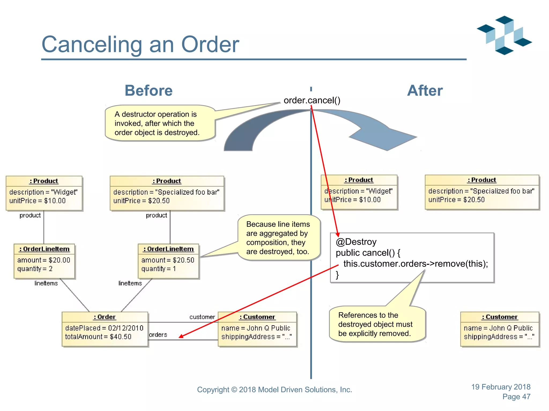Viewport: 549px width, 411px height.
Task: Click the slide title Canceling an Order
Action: coord(140,44)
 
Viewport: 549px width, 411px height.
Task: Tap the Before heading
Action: coord(149,90)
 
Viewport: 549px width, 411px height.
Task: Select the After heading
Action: coord(425,90)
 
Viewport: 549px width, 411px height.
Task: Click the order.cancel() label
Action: coord(312,100)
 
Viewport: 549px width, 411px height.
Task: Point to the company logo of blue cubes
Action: coord(504,35)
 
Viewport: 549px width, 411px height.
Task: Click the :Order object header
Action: coord(105,317)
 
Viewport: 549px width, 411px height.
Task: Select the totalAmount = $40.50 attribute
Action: coord(98,337)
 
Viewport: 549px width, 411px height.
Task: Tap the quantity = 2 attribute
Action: coord(35,269)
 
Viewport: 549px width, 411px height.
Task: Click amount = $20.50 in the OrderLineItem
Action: coord(168,260)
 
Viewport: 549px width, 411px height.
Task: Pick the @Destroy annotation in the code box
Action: coord(356,242)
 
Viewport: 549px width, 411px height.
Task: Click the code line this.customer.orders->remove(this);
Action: coord(416,264)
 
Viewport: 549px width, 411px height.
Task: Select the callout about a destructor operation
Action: coord(157,123)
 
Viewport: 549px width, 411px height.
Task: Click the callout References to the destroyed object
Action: coord(375,324)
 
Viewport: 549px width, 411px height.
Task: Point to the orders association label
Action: coord(158,335)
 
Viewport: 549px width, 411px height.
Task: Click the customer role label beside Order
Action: coord(202,317)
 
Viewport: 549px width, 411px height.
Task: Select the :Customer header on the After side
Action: coord(500,317)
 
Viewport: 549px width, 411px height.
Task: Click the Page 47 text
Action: coord(516,397)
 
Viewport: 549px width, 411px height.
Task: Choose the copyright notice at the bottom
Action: coord(274,390)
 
